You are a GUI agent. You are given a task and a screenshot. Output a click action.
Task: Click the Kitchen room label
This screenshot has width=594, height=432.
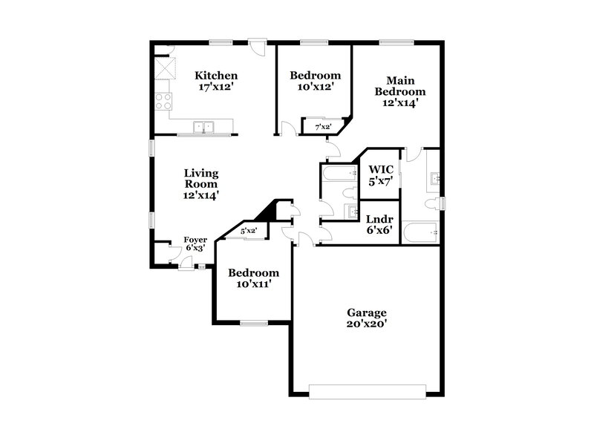point(216,75)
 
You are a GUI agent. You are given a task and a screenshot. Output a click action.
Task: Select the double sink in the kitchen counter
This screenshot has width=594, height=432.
point(203,127)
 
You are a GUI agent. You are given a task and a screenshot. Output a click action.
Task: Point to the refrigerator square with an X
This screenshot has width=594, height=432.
point(164,71)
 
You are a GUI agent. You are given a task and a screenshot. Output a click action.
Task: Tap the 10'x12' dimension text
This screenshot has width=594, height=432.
point(315,87)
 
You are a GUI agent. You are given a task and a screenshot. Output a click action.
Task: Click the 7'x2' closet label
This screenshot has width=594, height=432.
point(323,127)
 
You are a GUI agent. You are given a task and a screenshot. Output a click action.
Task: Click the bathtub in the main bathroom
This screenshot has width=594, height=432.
point(421,233)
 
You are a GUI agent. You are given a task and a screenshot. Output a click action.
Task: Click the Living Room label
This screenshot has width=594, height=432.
point(201,183)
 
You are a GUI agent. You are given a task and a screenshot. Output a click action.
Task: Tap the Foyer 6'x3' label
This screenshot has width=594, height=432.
point(195,243)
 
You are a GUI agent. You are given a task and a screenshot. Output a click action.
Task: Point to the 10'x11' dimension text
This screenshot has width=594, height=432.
point(253,284)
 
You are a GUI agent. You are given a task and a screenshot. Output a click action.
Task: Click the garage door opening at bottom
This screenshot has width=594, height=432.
point(367,390)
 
